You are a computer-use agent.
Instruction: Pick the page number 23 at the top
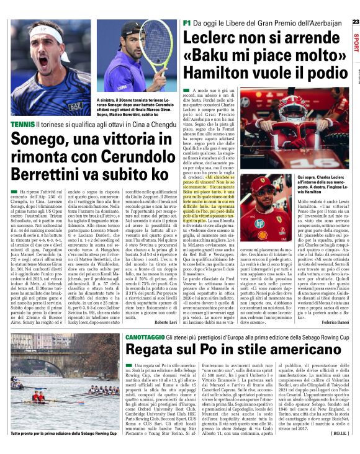coord(354,22)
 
